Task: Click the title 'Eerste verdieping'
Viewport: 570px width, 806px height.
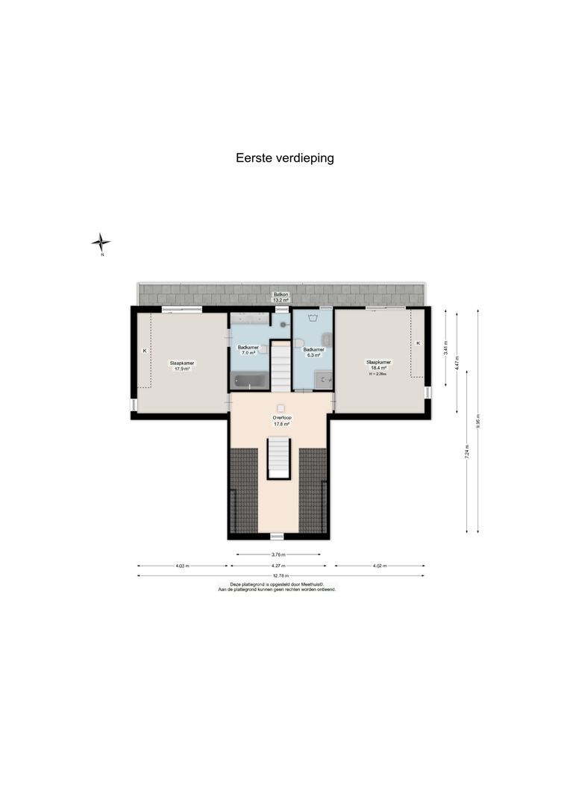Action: [x=285, y=158]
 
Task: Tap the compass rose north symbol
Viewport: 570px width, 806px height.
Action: [x=101, y=242]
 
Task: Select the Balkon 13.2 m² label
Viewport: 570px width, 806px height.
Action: [x=281, y=297]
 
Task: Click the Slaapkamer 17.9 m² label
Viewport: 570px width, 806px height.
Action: [x=182, y=365]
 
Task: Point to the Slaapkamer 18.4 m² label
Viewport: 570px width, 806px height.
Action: [x=379, y=364]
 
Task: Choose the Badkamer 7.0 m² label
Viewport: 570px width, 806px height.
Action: [x=248, y=350]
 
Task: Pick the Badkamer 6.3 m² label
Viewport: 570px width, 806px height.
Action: [x=313, y=352]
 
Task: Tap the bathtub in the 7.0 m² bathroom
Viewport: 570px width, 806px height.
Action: [x=249, y=381]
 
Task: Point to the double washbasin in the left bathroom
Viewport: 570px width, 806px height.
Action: [x=248, y=319]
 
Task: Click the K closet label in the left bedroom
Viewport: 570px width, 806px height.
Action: [x=145, y=350]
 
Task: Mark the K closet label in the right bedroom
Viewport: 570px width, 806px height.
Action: [x=418, y=343]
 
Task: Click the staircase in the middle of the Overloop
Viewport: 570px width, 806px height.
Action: [x=278, y=458]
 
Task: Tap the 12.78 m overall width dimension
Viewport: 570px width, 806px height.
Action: [x=281, y=575]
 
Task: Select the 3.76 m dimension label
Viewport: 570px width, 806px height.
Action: [x=278, y=554]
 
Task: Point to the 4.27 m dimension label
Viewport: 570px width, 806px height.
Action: [x=281, y=566]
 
